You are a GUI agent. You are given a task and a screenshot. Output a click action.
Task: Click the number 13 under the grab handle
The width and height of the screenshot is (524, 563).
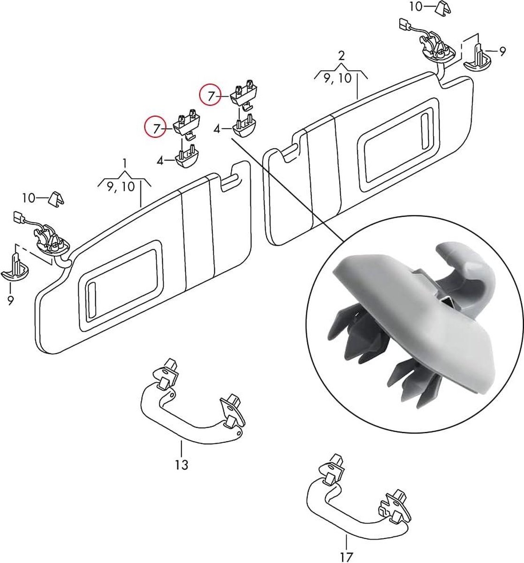pyautogui.click(x=182, y=464)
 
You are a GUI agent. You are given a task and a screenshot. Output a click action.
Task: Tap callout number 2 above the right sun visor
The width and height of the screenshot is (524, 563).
pyautogui.click(x=342, y=56)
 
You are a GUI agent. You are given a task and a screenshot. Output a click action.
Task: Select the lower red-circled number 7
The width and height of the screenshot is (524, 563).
pyautogui.click(x=156, y=129)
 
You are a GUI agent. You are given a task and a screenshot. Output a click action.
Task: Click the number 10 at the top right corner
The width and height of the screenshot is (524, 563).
pyautogui.click(x=416, y=7)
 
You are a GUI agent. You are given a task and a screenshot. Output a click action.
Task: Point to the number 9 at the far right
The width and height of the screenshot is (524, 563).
pyautogui.click(x=502, y=52)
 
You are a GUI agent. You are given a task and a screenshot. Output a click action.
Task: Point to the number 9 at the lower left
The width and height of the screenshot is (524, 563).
pyautogui.click(x=10, y=300)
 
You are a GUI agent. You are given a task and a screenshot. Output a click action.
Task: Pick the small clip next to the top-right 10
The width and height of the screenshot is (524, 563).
pyautogui.click(x=443, y=9)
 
